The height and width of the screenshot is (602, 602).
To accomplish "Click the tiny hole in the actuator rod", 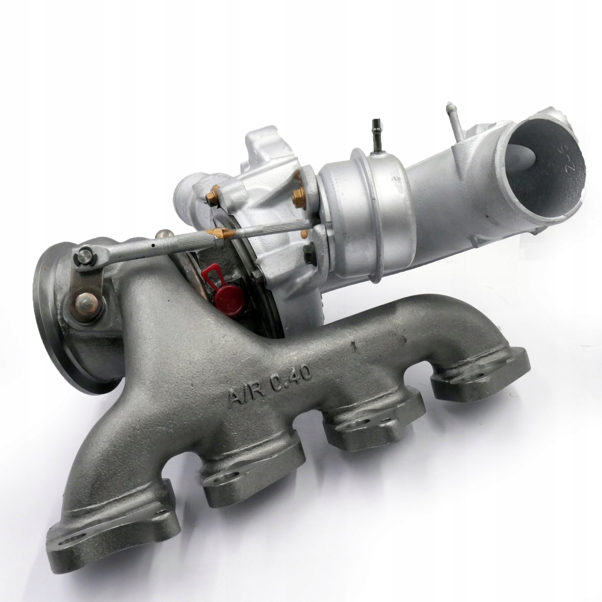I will point(152,246).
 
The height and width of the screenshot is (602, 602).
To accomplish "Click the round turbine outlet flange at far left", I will point(69,311).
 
